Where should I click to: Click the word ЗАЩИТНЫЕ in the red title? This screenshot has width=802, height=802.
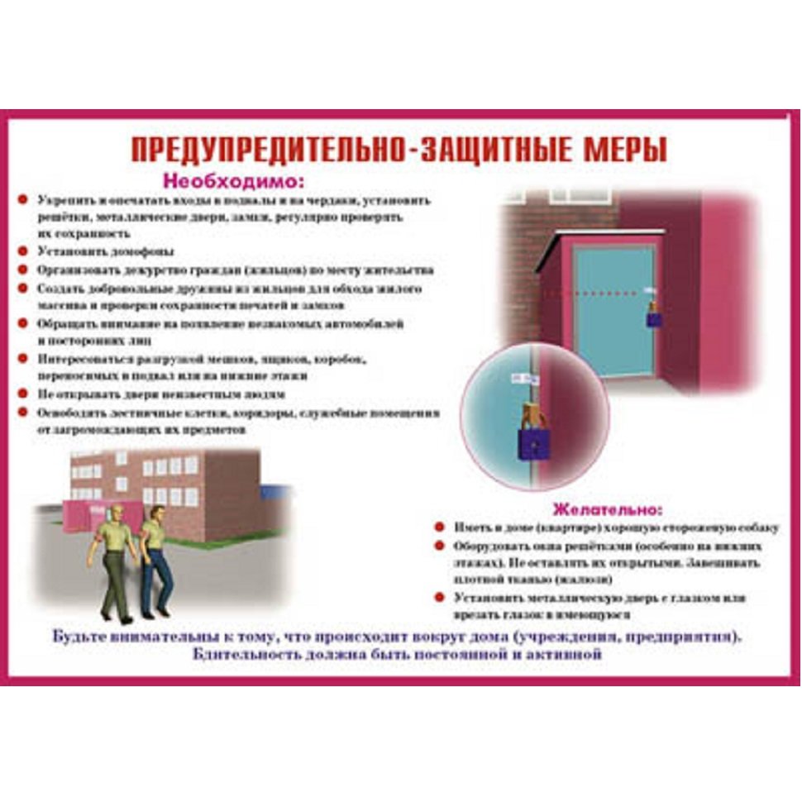point(482,149)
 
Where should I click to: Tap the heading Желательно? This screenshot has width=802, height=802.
point(608,508)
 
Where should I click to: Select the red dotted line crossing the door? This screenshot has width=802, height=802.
point(595,291)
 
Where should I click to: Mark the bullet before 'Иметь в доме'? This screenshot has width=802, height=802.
point(441,528)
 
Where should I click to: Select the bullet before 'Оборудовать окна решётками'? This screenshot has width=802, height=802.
point(441,547)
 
